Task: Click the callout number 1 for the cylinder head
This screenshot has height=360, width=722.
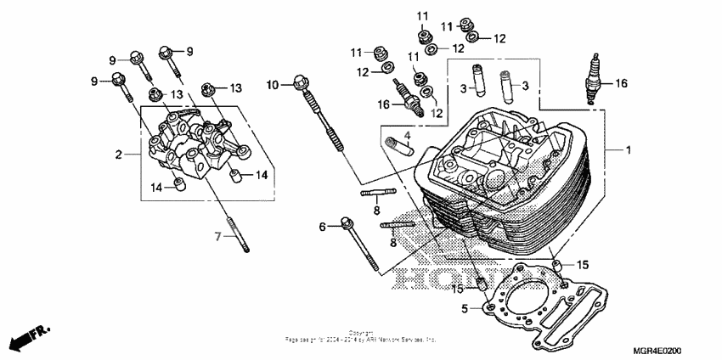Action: click(x=628, y=150)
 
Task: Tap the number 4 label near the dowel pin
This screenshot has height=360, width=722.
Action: click(x=406, y=135)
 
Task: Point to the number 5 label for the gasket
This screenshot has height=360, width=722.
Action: click(x=464, y=308)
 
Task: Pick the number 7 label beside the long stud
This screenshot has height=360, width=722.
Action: click(x=217, y=236)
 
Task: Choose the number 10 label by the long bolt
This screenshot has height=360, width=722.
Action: click(x=272, y=85)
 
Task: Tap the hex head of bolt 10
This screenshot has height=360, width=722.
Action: click(x=298, y=83)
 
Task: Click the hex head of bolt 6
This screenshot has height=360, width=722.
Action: click(x=347, y=224)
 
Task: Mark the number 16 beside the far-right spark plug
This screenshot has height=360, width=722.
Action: click(x=621, y=83)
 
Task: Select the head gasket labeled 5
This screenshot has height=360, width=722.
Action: click(x=544, y=306)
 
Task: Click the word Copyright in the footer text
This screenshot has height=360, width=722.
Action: click(x=360, y=333)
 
